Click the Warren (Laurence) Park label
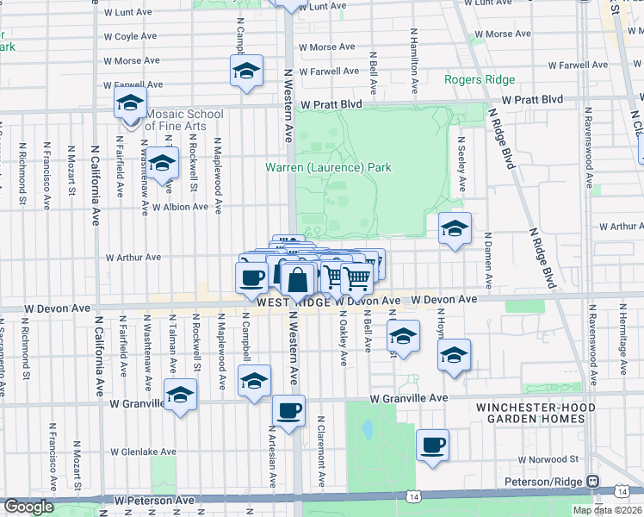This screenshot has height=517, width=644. pos(328,167)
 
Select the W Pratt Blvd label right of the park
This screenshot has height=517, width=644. pos(533,100)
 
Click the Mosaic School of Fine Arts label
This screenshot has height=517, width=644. pos(172,120)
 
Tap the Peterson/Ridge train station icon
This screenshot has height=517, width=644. pos(593,480)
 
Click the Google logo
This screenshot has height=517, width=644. pos(28,507)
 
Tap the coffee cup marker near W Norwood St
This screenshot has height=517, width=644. pos(433,445)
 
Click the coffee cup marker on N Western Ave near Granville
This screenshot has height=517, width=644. pos(289,411)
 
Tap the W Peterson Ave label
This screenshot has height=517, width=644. pos(154,500)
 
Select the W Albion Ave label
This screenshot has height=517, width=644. pos(180,207)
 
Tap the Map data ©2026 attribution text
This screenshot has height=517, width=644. pos(608,510)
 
